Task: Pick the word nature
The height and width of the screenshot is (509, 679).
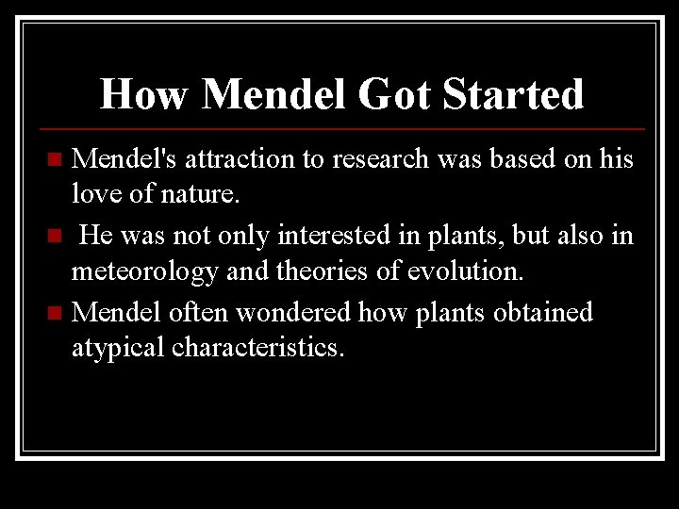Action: [x=204, y=196]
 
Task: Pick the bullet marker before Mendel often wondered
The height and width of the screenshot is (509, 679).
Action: [x=58, y=310]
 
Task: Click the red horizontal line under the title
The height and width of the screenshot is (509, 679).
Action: [x=339, y=128]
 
